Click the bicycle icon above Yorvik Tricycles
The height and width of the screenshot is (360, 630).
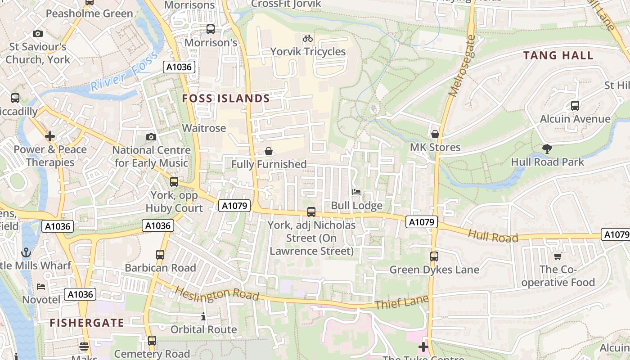tap(308, 38)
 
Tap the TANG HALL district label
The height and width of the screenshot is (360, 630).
tap(558, 56)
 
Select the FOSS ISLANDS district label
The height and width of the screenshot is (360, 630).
tap(226, 99)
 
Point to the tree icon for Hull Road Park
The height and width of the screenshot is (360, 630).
tap(547, 148)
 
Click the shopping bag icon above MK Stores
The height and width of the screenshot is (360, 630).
tap(435, 134)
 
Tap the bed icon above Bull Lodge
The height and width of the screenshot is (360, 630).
tap(356, 192)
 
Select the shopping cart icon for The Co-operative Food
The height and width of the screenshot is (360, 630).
tap(558, 256)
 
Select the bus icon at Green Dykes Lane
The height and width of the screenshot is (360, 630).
tap(434, 256)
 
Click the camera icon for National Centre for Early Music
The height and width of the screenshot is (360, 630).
tap(151, 137)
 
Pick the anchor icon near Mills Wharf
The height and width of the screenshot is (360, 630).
tap(26, 252)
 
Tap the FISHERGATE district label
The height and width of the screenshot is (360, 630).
tap(87, 323)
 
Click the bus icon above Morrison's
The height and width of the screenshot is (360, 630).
tap(210, 29)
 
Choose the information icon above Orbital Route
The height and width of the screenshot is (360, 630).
tap(203, 317)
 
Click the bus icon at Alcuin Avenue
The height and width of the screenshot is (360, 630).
tap(575, 106)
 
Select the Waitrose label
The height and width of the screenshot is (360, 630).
tap(204, 128)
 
